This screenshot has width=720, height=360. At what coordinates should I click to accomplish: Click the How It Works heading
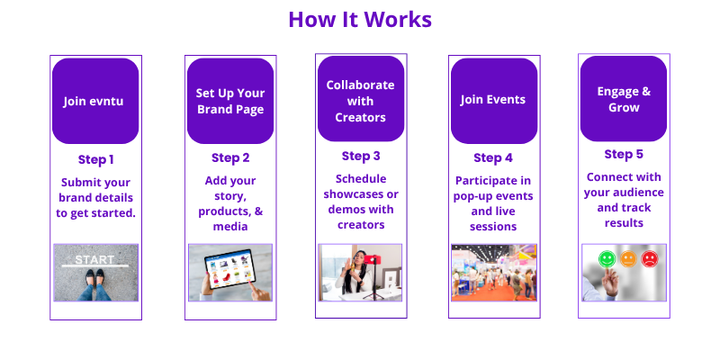coord(360,20)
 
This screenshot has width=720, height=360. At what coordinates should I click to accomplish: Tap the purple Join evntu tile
coord(95,101)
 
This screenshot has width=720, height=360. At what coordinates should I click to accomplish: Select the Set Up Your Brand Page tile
coord(230,101)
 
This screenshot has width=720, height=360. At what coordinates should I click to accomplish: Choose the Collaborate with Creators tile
coord(361,99)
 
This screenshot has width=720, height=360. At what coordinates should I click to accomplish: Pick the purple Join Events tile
coord(494,101)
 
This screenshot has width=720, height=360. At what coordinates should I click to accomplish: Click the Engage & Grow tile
coord(624,99)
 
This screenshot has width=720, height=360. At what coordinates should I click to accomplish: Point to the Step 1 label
coord(95,160)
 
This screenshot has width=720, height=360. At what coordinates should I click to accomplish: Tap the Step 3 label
coord(361,156)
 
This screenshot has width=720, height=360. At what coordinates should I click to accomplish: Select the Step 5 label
coord(624,154)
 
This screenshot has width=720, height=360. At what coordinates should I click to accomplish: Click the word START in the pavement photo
coord(94,259)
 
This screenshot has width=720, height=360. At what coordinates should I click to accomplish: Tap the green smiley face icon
coord(607,259)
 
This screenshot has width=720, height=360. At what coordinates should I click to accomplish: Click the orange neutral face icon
coord(628,259)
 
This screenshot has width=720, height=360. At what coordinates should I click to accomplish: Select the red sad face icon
coord(649,259)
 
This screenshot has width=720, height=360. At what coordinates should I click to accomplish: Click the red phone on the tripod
coord(373,259)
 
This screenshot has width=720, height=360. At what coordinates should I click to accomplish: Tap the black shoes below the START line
coord(94,277)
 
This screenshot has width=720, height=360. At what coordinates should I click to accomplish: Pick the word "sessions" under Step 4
coord(493,227)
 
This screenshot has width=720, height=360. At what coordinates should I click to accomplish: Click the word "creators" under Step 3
coord(361,225)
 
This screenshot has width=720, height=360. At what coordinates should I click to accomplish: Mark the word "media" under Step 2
coord(230,227)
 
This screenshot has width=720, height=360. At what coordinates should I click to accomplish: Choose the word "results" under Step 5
coord(624,223)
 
